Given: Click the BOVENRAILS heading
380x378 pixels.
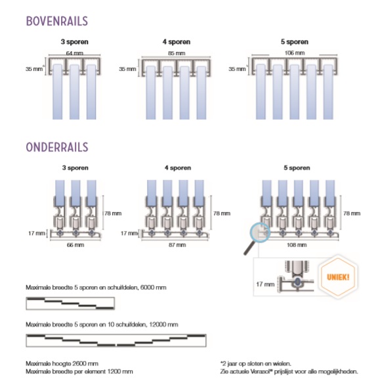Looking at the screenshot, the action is click(x=57, y=21).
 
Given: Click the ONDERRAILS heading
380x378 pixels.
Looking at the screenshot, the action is click(x=57, y=147).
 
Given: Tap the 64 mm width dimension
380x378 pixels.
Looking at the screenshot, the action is click(x=75, y=53).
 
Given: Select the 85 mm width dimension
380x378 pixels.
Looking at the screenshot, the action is click(x=177, y=53).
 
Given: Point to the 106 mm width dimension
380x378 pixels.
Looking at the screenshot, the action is click(x=295, y=52).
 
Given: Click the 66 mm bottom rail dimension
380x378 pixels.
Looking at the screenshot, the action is click(x=75, y=245).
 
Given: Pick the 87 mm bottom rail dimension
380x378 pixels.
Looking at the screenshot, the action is click(x=177, y=245).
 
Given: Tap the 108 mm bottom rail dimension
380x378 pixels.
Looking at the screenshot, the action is click(x=297, y=245).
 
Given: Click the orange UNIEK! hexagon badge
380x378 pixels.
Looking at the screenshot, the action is click(x=338, y=277).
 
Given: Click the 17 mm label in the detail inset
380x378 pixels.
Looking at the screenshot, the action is click(x=265, y=284).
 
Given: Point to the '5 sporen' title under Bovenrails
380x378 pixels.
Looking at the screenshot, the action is click(x=295, y=42).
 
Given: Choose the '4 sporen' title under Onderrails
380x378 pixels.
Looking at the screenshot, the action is click(x=178, y=168).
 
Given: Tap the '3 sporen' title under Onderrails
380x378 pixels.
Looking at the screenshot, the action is click(x=75, y=168).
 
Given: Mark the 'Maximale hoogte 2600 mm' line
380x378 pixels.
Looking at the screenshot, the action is click(x=62, y=364).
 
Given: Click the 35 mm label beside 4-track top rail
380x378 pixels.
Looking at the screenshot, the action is click(x=127, y=69).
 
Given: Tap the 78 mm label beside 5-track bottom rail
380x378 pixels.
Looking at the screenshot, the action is click(x=352, y=213).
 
